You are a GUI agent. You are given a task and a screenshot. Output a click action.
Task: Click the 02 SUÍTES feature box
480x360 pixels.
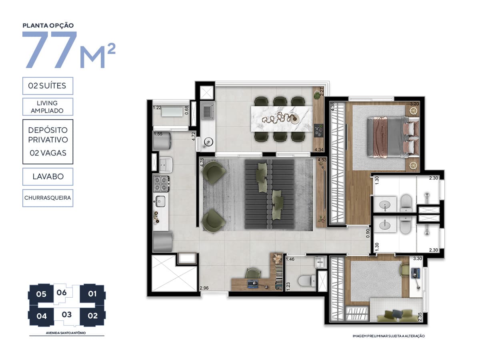(48, 86)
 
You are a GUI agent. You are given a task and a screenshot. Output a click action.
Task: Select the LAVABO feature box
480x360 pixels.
(48, 176)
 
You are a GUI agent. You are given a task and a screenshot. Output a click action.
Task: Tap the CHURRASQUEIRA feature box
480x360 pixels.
(48, 198)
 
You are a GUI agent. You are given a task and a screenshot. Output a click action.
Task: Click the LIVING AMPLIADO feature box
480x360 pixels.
(48, 107)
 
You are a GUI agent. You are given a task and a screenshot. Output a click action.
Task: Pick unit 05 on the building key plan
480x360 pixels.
(41, 294)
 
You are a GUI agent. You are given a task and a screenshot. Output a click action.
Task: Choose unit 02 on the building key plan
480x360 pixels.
(92, 316)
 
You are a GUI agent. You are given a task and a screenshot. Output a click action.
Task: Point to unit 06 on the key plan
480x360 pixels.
(62, 292)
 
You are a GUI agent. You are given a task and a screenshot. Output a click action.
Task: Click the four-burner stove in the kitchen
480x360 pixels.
(161, 184)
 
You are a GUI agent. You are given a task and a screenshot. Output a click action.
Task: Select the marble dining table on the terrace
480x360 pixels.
(282, 119)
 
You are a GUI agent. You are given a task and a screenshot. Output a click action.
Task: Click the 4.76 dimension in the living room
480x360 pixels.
(202, 162)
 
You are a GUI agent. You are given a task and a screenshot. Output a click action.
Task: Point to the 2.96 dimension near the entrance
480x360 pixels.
(204, 288)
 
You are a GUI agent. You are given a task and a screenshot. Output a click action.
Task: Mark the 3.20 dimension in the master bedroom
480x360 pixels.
(414, 104)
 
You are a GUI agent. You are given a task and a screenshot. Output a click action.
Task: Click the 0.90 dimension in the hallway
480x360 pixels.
(368, 233)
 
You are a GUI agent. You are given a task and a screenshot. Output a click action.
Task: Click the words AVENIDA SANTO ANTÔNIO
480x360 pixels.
(66, 333)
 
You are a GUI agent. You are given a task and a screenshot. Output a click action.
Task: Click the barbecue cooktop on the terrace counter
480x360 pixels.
(318, 131)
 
